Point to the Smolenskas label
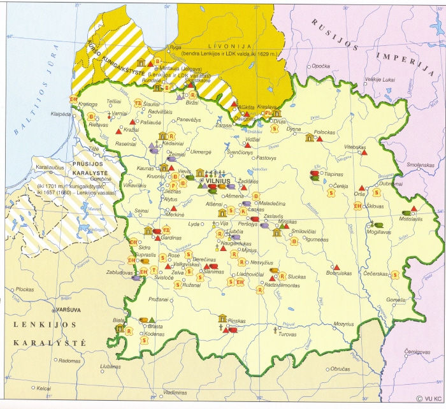point(421,166)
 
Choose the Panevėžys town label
point(189,119)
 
